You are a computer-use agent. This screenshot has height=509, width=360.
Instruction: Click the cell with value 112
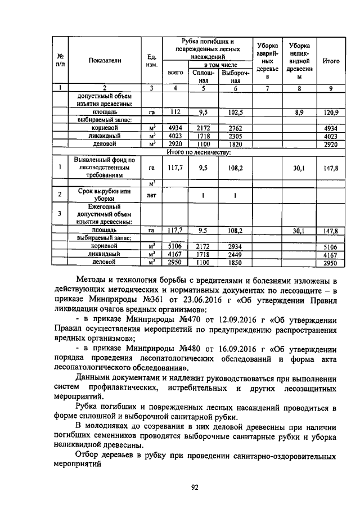[175, 112]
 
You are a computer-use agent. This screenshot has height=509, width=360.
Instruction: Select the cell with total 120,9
[331, 112]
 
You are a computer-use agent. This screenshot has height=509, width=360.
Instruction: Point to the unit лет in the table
[151, 195]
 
